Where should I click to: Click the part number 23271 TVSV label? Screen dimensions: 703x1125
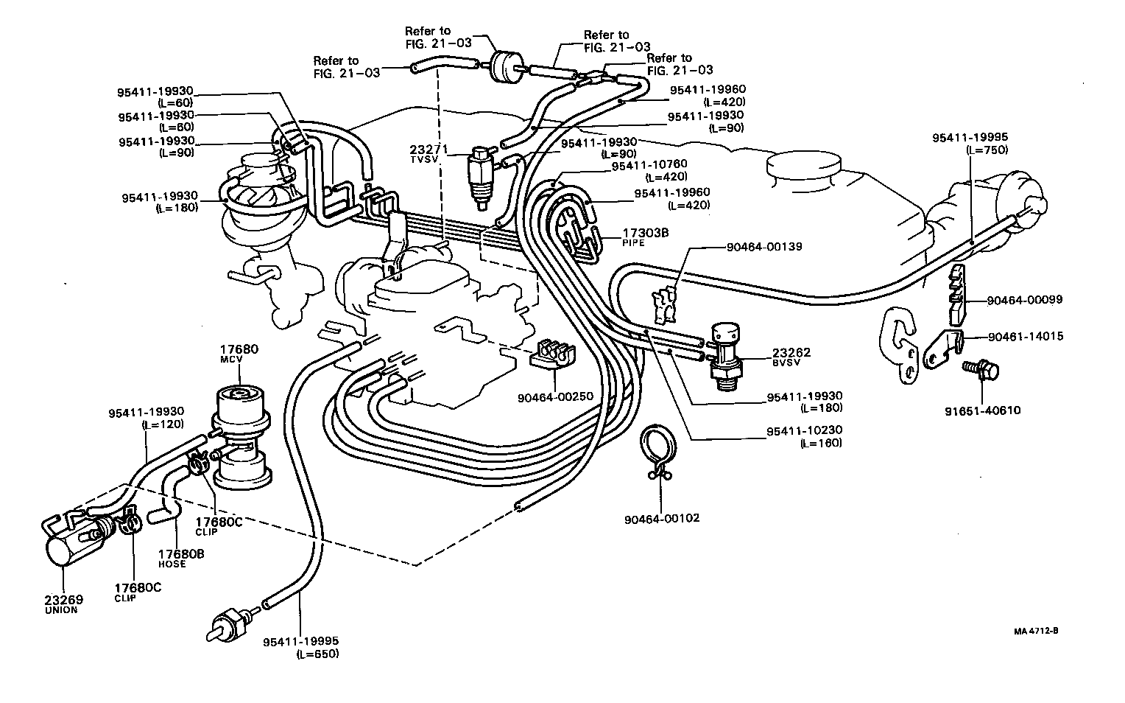pyautogui.click(x=426, y=153)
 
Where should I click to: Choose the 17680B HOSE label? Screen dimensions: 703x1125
pyautogui.click(x=177, y=557)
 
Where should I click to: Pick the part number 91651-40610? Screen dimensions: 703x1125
pyautogui.click(x=984, y=410)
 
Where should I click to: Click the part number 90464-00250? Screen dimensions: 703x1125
pyautogui.click(x=555, y=396)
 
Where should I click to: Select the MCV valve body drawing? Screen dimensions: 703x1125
pyautogui.click(x=241, y=435)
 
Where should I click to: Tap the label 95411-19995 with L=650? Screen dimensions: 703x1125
pyautogui.click(x=300, y=646)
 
